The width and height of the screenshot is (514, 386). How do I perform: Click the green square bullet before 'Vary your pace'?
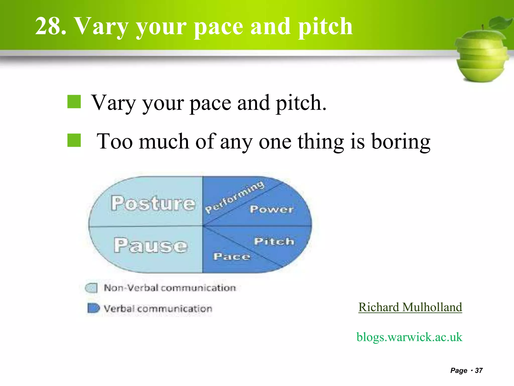pos(74,102)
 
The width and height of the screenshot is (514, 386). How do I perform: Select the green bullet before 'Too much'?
pos(74,140)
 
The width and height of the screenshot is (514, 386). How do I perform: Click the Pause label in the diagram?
pos(151,245)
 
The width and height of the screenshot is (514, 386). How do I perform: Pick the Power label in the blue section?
pos(272,209)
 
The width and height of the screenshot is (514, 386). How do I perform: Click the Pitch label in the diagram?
pos(274,241)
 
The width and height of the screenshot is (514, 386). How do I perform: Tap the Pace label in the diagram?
pos(232,256)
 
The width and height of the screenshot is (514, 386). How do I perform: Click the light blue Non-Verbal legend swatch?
pos(91,288)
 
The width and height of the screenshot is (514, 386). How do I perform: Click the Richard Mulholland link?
pos(410,307)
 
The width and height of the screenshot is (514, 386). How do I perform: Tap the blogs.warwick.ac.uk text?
pos(409,337)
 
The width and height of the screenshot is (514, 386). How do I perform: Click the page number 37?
pos(479,370)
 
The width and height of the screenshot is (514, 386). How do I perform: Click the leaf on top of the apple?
pos(500,23)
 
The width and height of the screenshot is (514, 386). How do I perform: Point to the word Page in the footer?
pos(459,370)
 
